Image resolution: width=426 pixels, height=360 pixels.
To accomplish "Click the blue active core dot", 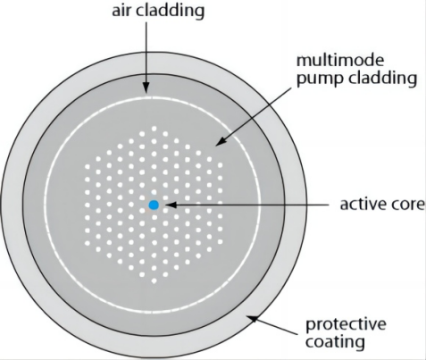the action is [154, 205].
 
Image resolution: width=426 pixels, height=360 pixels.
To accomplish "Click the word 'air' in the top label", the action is [121, 11].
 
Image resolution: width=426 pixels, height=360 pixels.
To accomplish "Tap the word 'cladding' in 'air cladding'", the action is [171, 11].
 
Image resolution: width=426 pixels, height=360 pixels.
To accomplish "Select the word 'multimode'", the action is [340, 60].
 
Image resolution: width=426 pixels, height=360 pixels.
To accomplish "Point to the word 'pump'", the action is [321, 80].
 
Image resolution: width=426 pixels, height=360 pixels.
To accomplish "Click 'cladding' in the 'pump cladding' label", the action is [382, 78].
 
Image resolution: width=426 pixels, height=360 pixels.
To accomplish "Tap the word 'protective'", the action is [346, 324].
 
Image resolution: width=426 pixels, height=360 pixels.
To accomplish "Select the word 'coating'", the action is [335, 342].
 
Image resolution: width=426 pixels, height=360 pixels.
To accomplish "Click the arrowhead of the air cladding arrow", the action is [146, 88].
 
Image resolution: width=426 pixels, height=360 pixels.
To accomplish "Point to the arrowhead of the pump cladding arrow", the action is [221, 142].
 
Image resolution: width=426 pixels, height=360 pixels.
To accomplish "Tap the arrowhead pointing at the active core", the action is [171, 205].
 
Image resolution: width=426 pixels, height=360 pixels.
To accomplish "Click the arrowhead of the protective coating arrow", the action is [253, 319].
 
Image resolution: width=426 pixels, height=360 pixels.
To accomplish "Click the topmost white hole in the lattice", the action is [154, 129].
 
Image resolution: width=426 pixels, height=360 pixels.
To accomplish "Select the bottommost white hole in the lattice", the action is [154, 280].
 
